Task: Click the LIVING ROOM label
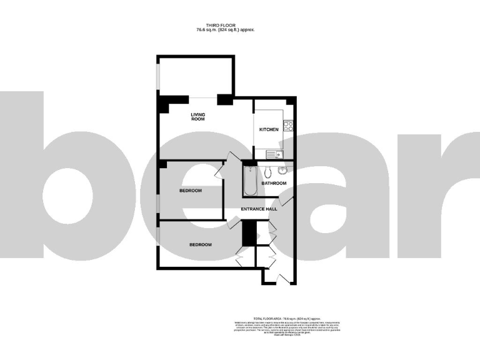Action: coord(197,116)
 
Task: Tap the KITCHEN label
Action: coord(269,129)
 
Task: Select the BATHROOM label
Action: coord(274,183)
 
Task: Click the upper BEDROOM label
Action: coord(191,191)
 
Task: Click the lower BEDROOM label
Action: coord(201,244)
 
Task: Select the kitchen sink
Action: coord(274,154)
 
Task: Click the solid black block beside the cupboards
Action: coord(249,234)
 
